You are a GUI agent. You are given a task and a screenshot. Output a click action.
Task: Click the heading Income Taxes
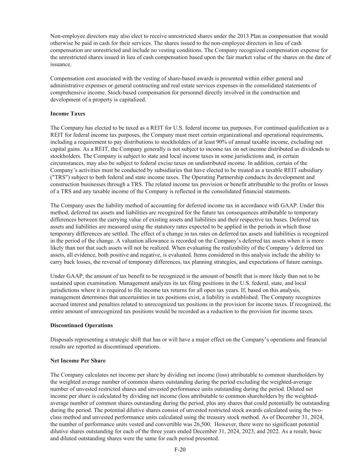tap(67, 114)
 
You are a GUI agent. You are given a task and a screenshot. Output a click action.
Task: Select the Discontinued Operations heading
tap(81, 325)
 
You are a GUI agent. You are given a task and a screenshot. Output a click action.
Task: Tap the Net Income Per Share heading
tap(78, 361)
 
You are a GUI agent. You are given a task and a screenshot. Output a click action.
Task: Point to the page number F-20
tap(180, 450)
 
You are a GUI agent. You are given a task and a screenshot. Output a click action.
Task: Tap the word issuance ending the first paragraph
tap(60, 64)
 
